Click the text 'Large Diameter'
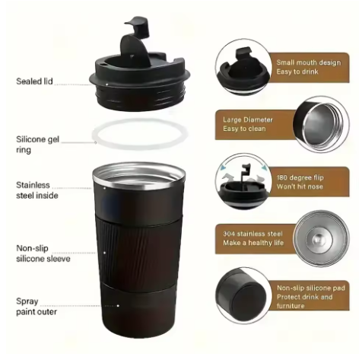click(248, 119)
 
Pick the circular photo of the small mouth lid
click(243, 67)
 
